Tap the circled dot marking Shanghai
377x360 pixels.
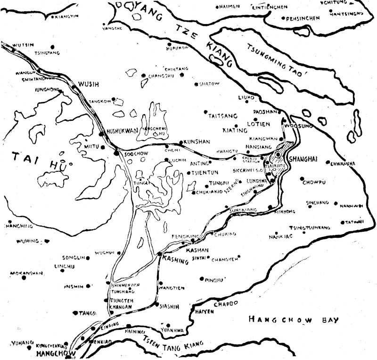click(279, 154)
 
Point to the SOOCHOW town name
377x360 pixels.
click(133, 154)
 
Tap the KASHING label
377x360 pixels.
click(175, 259)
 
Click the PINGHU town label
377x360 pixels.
click(214, 280)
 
